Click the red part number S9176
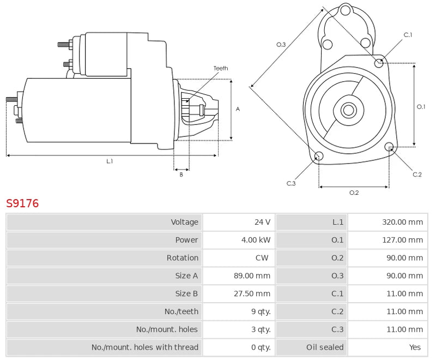pos(22,203)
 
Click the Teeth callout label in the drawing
pos(221,68)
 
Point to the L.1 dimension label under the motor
pos(110,161)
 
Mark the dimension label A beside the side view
pos(238,109)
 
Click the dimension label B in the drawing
pos(181,175)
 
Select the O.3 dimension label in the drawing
pos(281,44)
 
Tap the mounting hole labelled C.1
pos(379,63)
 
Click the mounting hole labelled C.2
pos(389,147)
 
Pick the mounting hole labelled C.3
pos(319,157)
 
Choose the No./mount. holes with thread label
pos(145,347)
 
